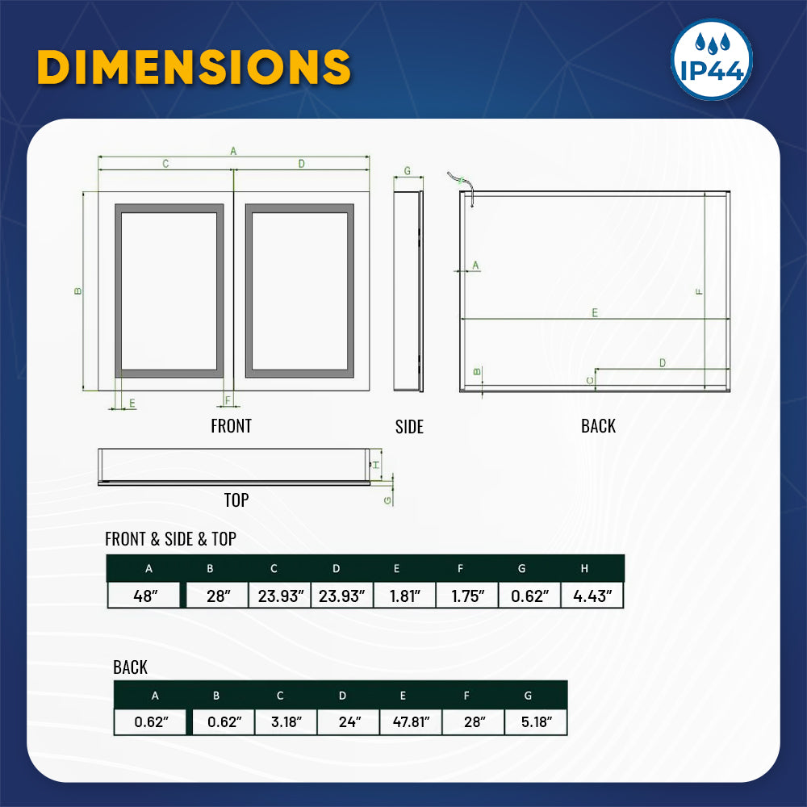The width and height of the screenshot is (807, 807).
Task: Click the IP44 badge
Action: [712, 60]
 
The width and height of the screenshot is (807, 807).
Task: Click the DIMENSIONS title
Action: [194, 67]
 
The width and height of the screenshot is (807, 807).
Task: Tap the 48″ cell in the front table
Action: [146, 596]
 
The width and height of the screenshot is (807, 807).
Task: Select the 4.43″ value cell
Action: [593, 596]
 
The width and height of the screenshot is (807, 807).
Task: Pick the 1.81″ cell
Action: [404, 596]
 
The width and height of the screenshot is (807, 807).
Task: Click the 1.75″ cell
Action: [467, 596]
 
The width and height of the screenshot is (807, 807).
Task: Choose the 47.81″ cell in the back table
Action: [411, 722]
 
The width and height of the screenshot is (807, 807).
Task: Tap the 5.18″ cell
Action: [536, 722]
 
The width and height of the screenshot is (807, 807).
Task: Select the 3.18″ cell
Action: [286, 722]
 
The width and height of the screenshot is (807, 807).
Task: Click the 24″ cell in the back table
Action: [349, 722]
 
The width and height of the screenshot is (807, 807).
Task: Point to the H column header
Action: [585, 568]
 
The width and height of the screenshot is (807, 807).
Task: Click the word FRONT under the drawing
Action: [231, 426]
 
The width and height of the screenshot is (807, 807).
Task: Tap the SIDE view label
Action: [409, 427]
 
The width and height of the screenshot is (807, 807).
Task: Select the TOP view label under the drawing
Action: [236, 500]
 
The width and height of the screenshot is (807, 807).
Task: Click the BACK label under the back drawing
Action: [598, 426]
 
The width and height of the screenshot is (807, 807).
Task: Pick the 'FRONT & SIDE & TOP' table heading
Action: [170, 539]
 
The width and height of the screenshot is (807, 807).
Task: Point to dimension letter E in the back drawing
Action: [595, 312]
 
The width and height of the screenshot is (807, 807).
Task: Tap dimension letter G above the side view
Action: [408, 171]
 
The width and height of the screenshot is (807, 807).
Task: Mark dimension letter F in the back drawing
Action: [699, 291]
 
